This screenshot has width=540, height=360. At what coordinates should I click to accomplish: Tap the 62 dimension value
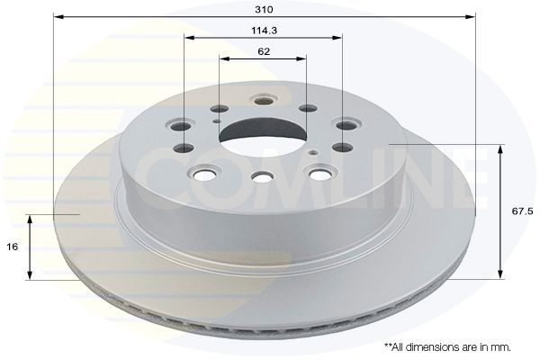[263, 51]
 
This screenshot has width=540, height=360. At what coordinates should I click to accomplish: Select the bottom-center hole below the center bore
[262, 177]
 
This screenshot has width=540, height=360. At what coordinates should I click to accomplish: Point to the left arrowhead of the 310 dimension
[58, 16]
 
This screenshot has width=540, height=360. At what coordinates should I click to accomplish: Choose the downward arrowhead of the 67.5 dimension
[499, 274]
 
